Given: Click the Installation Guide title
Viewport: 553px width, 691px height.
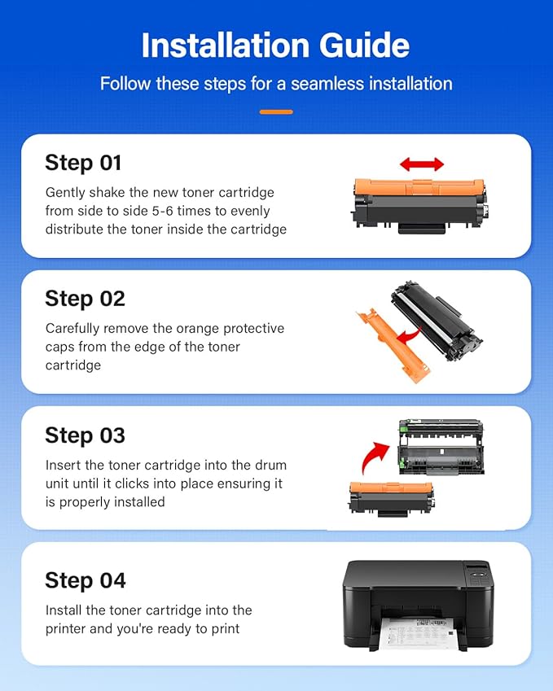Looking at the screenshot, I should click(x=276, y=46).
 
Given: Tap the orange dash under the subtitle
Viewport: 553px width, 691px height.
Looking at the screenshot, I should click(x=276, y=112).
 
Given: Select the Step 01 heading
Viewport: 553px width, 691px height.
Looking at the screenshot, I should click(x=83, y=163).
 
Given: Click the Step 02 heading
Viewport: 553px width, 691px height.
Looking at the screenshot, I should click(x=85, y=299).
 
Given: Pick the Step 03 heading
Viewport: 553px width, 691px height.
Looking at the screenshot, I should click(x=85, y=435).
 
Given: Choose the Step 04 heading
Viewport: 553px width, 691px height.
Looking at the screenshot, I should click(x=86, y=580).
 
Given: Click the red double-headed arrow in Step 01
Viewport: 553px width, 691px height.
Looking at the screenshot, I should click(x=422, y=164).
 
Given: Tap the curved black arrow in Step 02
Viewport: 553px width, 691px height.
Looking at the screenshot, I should click(x=415, y=333).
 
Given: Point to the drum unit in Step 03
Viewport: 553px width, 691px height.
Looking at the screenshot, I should click(x=440, y=453).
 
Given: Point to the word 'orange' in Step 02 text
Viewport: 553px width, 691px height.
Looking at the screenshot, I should click(x=187, y=328).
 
